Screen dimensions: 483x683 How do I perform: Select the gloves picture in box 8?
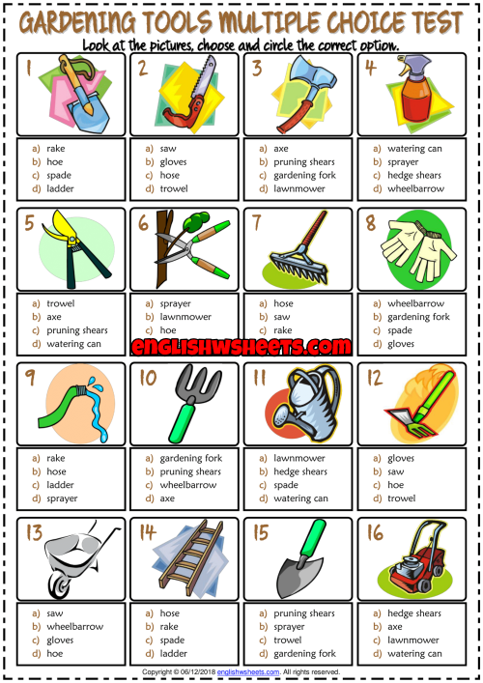(x=418, y=249)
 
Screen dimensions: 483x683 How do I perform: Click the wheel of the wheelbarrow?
(x=60, y=584)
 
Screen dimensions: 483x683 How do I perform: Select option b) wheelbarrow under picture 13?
(x=68, y=627)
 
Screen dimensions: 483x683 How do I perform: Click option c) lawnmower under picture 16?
(x=406, y=640)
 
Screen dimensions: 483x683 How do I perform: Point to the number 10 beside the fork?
(x=148, y=378)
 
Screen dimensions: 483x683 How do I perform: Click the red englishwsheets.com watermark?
(x=241, y=347)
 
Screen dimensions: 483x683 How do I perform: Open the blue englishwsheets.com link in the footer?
(x=248, y=672)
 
